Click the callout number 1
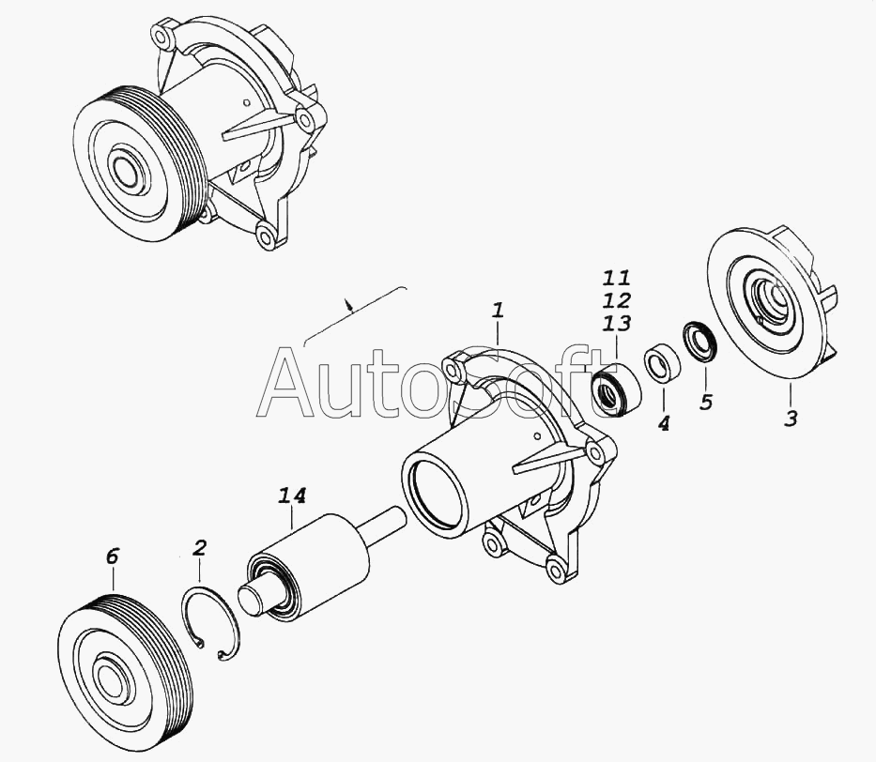(498, 311)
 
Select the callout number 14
(292, 495)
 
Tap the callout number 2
(199, 547)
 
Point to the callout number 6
(112, 556)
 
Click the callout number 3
(791, 419)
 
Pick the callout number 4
(663, 424)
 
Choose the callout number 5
(706, 402)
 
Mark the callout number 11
(616, 278)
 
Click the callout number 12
(617, 300)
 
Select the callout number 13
(617, 323)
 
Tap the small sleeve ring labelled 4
(662, 365)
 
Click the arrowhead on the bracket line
(349, 305)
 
